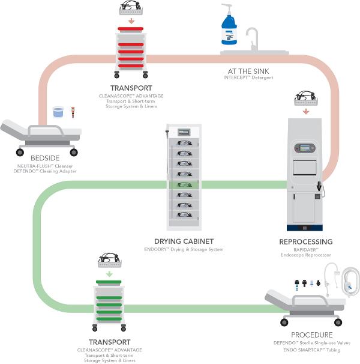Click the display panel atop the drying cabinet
184,132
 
